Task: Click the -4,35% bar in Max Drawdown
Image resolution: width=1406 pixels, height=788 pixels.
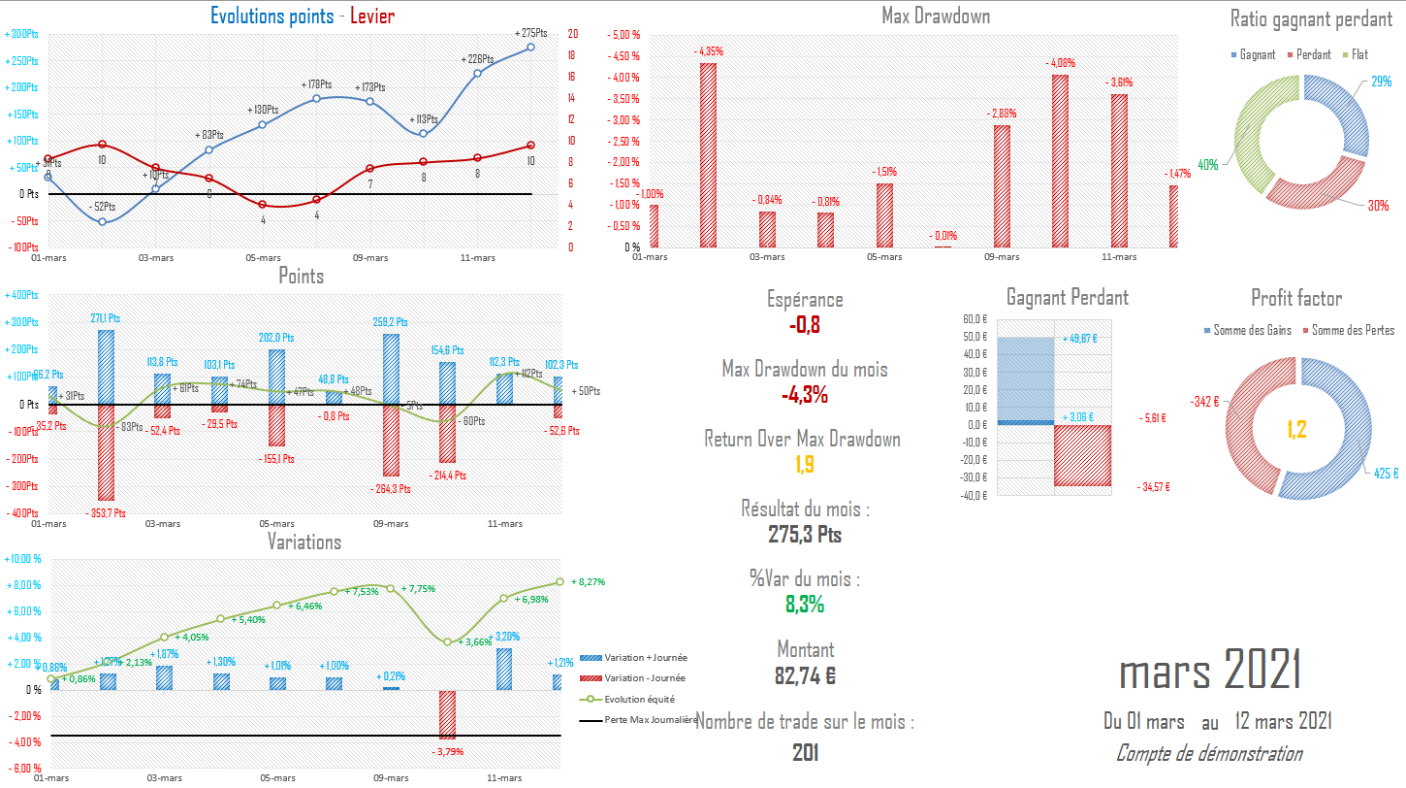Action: pos(709,155)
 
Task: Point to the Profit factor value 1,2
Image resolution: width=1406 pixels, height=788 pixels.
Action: pos(1297,428)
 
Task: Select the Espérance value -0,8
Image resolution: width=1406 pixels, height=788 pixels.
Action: pos(804,325)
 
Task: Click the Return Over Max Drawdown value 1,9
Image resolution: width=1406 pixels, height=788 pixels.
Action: pos(804,465)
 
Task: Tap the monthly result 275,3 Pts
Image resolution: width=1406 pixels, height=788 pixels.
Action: pos(804,535)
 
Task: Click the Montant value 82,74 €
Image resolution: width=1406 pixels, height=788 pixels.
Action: pos(804,675)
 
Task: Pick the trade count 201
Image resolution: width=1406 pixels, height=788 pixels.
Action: pos(804,752)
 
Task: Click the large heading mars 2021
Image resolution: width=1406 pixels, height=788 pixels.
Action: pos(1209,671)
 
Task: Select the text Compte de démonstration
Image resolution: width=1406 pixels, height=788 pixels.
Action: pos(1209,753)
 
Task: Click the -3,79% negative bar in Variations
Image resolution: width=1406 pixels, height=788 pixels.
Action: pos(447,714)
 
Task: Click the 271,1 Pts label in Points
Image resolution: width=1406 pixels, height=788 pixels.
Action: pos(105,317)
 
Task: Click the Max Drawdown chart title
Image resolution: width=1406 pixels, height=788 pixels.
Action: pos(936,16)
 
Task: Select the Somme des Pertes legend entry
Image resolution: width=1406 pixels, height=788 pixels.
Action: pos(1352,331)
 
